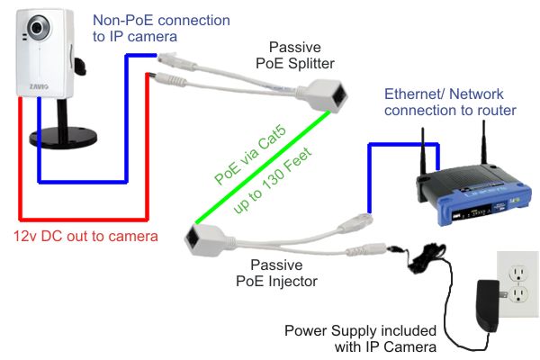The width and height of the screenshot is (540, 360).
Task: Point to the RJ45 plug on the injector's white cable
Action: pos(357,219)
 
